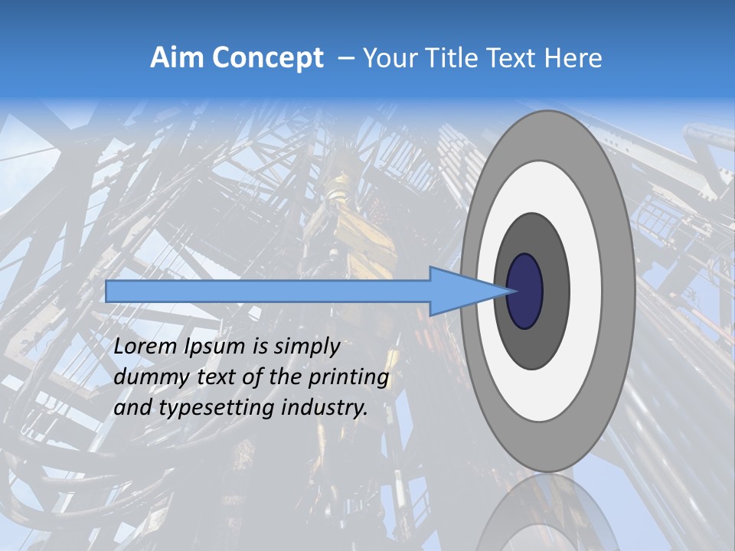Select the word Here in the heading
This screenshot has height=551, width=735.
point(573,58)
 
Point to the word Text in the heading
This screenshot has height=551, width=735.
point(514,58)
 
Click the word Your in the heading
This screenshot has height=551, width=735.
point(389,58)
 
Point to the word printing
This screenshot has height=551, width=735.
point(349,378)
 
